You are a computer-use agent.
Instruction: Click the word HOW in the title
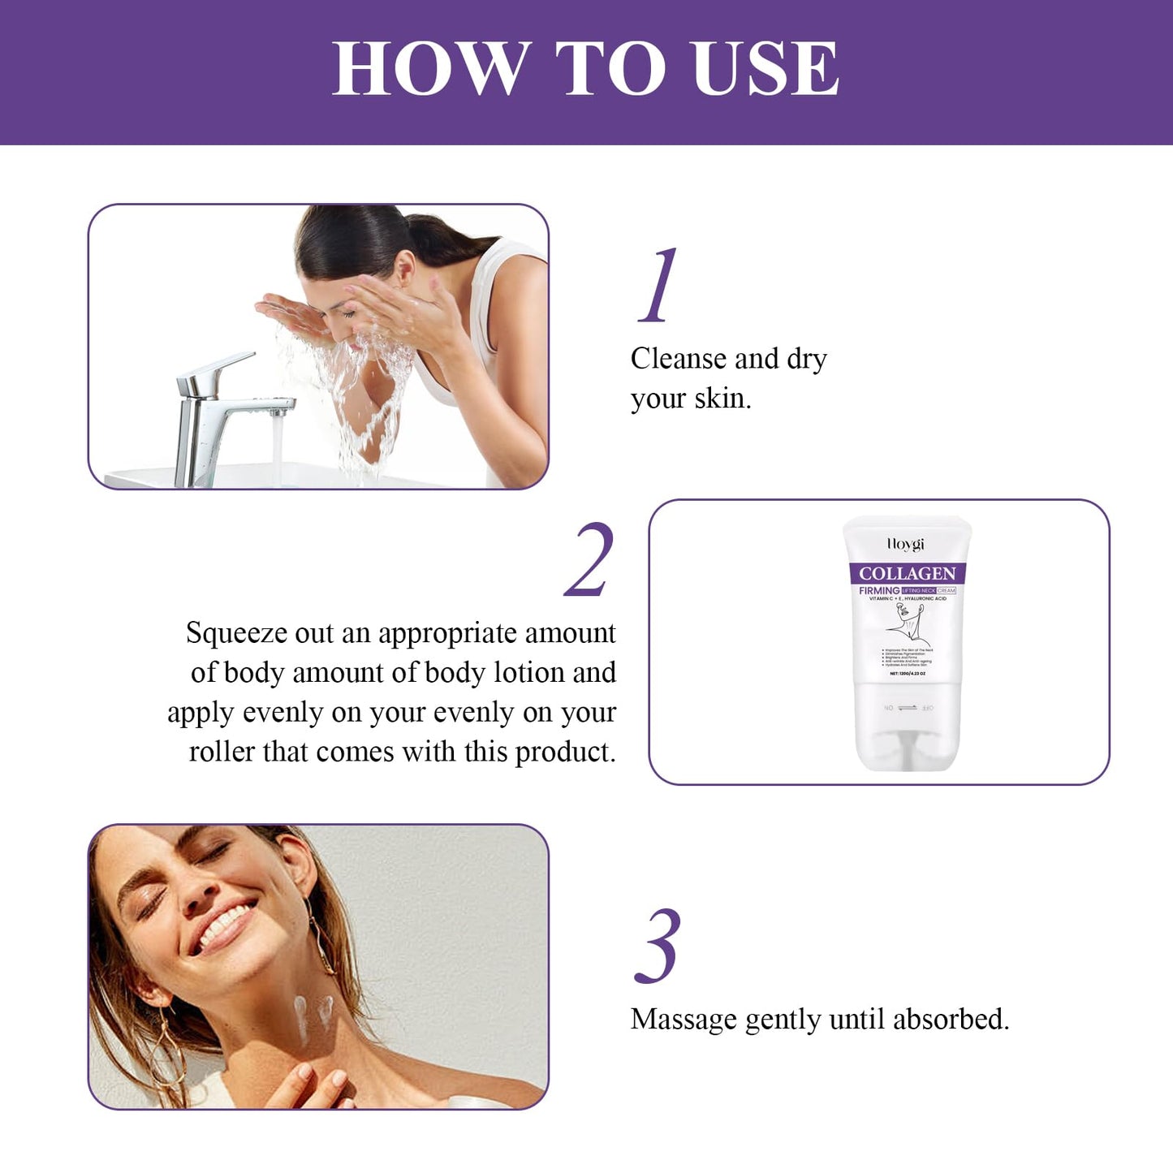click(431, 68)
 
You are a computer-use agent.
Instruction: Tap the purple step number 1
click(658, 285)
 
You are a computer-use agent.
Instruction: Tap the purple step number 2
click(590, 560)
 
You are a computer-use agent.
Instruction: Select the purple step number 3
click(658, 947)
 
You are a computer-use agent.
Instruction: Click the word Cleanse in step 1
click(678, 359)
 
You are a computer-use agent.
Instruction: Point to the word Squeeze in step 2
click(236, 633)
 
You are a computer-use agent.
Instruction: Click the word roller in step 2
click(222, 752)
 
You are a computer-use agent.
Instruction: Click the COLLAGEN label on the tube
click(907, 573)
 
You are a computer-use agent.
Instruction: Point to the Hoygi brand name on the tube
click(905, 544)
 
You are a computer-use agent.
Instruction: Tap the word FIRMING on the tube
click(879, 590)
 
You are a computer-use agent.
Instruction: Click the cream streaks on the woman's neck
click(313, 1015)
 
